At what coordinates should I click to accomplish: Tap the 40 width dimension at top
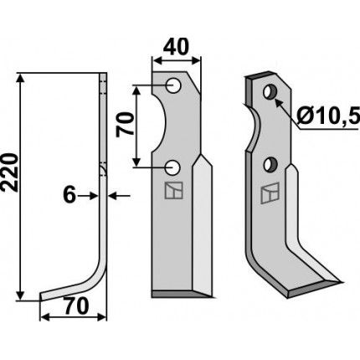coord(176,47)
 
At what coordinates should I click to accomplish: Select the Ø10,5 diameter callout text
coord(327,116)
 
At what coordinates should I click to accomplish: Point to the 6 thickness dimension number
coord(69,195)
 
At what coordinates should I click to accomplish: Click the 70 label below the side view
coord(75,306)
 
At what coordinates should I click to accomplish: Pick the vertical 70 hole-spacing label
coord(125,124)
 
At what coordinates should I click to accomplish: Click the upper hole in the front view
coord(173,85)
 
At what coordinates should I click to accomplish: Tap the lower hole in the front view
coord(172,167)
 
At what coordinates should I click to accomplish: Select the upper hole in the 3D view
coord(270,91)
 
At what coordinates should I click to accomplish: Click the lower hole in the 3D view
coord(270,165)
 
